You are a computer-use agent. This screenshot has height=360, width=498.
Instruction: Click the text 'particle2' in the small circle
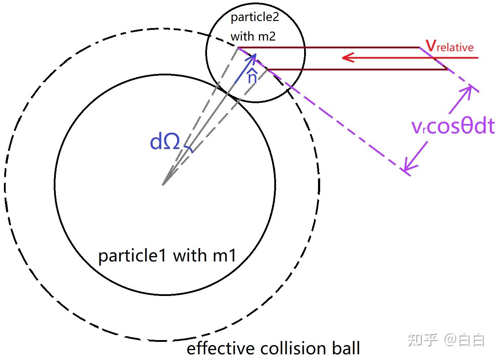pyautogui.click(x=255, y=17)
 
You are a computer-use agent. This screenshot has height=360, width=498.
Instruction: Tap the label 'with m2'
pyautogui.click(x=253, y=36)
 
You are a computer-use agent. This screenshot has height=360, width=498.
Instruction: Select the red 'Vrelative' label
pyautogui.click(x=450, y=47)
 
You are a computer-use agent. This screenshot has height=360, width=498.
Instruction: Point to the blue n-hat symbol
pyautogui.click(x=252, y=76)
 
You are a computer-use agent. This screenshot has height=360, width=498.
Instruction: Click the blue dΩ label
pyautogui.click(x=165, y=142)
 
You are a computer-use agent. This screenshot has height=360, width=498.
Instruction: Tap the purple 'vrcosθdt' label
pyautogui.click(x=453, y=126)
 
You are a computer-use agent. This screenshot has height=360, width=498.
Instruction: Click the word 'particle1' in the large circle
pyautogui.click(x=132, y=255)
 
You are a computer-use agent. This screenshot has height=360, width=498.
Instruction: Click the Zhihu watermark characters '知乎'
pyautogui.click(x=422, y=340)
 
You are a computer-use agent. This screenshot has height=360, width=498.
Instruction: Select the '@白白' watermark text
pyautogui.click(x=464, y=340)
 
